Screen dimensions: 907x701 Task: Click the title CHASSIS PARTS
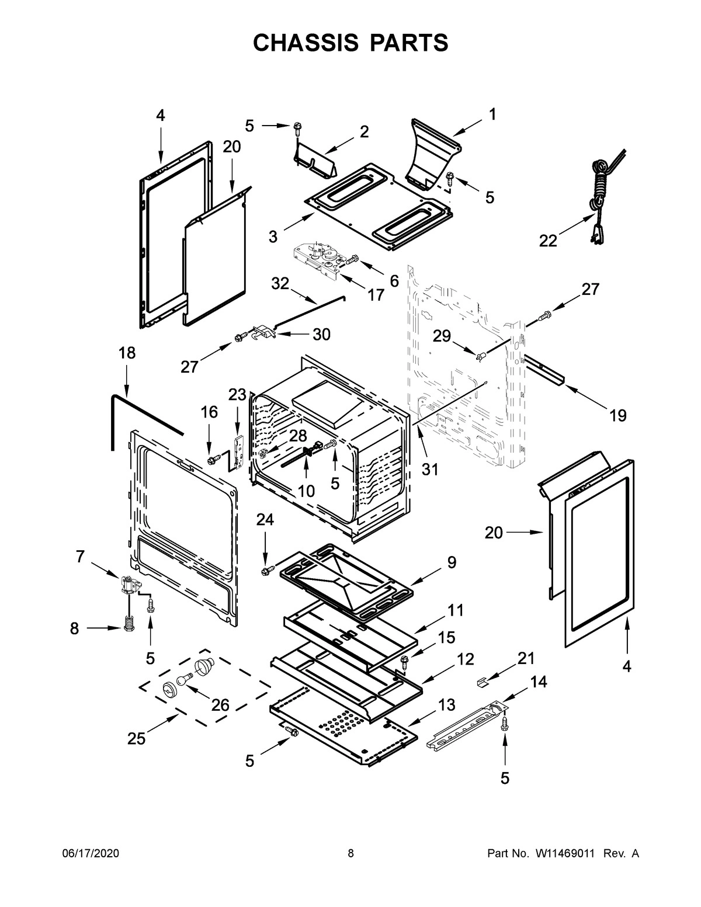[x=351, y=43]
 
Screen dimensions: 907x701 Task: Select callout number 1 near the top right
[x=492, y=114]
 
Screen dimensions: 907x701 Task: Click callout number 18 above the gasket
[x=127, y=353]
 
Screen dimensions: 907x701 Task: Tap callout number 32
[x=280, y=284]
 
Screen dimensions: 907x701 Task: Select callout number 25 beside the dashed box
[x=137, y=739]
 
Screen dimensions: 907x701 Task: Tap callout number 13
[x=446, y=705]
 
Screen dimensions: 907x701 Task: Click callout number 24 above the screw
[x=265, y=519]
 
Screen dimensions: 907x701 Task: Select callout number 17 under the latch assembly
[x=376, y=295]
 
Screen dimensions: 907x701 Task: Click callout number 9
[x=452, y=562]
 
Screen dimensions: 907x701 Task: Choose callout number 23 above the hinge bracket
[x=237, y=395]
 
